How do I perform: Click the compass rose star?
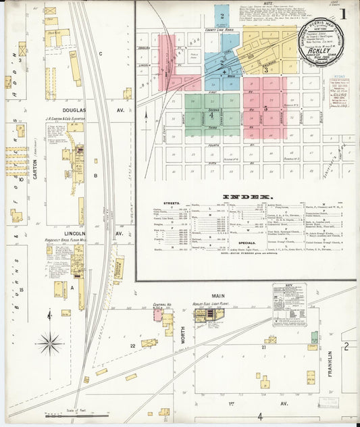pos(49,343)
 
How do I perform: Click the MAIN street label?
pos(217,295)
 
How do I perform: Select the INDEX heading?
pos(251,197)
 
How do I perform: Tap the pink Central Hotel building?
pos(158,315)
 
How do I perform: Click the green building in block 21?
pos(314,336)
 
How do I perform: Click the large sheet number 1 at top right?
pos(344,13)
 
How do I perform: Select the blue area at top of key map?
pos(222,16)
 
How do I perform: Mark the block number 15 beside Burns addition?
pos(22,290)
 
